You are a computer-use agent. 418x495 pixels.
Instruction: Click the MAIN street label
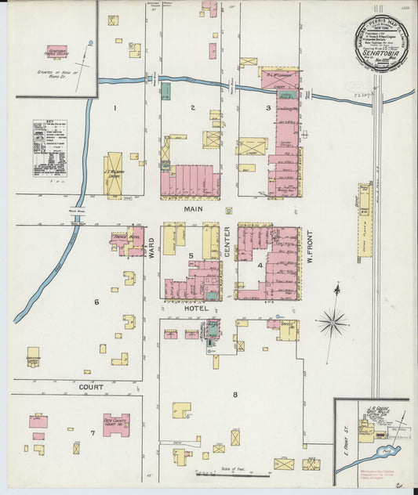tap(193, 209)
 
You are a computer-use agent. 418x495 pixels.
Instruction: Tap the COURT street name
tap(90, 387)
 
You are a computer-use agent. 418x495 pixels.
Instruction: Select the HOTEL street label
tap(192, 309)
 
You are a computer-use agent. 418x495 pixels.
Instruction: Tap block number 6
tap(96, 302)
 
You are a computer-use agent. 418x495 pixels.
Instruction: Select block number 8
tap(234, 394)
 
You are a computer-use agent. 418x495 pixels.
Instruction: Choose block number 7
tap(92, 432)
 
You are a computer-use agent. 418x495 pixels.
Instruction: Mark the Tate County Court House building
tap(116, 425)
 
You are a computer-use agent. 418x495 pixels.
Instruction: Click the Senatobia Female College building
tap(56, 52)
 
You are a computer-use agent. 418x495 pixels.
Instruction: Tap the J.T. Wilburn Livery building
tap(114, 174)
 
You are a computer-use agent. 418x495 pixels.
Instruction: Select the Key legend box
tap(49, 148)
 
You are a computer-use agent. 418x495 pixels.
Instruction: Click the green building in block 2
tap(165, 91)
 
